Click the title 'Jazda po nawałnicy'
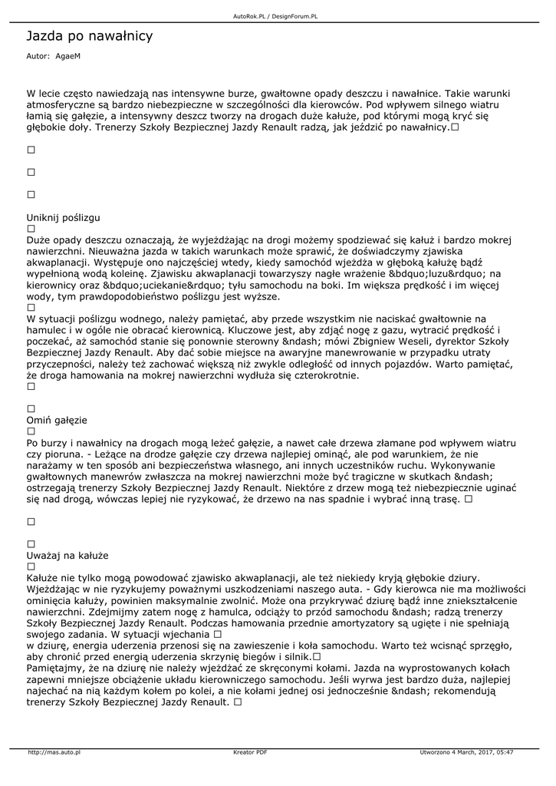pos(90,36)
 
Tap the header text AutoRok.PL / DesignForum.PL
pos(275,16)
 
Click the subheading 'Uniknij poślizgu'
pos(64,217)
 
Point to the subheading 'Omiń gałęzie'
pos(58,421)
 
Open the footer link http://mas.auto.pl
pos(54,752)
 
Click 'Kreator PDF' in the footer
pos(250,752)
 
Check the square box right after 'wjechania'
pos(217,635)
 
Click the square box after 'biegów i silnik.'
pos(316,657)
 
